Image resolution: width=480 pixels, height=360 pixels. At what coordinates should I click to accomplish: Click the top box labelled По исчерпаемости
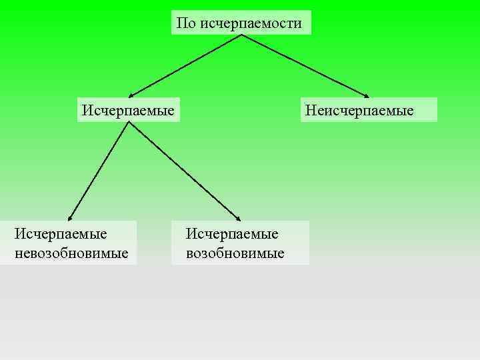point(241,23)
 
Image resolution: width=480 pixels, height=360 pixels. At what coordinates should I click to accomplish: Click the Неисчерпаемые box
point(369,109)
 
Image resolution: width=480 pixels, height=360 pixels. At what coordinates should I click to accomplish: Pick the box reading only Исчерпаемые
point(129,109)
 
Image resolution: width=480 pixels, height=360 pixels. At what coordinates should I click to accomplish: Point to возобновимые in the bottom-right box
point(235,253)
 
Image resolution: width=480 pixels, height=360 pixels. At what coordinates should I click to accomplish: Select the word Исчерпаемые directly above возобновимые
point(232,234)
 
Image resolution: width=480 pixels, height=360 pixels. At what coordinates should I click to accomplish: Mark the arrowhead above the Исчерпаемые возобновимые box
point(238,217)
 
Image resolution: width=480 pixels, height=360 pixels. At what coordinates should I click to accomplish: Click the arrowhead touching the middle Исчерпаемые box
point(131,95)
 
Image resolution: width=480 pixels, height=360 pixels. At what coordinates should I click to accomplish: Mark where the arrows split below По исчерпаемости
point(241,35)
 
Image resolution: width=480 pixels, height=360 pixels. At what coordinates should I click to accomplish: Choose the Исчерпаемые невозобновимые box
point(69,243)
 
